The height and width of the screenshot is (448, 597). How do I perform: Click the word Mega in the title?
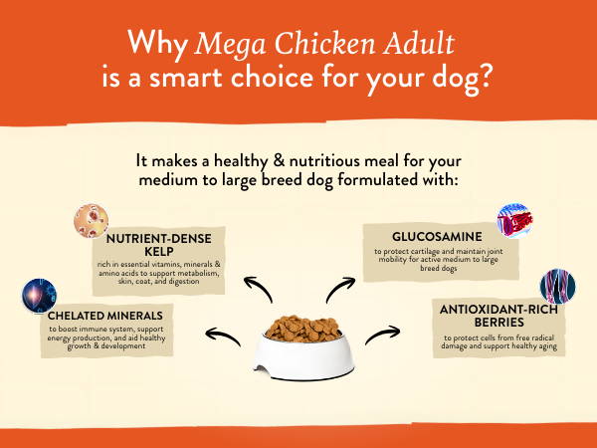[230, 45]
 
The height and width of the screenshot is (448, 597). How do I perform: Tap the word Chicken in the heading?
[324, 43]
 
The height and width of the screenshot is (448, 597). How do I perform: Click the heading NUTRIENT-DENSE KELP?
[159, 245]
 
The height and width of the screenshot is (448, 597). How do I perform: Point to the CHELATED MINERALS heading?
[105, 316]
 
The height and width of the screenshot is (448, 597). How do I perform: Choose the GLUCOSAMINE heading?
[437, 237]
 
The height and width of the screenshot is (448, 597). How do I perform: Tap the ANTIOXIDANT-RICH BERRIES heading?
[498, 316]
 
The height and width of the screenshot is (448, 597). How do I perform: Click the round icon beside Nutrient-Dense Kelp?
[91, 221]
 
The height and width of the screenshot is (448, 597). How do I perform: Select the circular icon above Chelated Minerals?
[39, 296]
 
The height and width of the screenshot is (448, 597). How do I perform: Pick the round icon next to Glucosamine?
[514, 221]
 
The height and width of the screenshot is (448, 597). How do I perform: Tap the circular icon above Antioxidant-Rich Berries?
[558, 287]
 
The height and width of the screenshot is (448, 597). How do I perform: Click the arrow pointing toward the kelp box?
[259, 287]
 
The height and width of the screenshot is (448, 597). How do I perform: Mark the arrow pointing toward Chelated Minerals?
[222, 336]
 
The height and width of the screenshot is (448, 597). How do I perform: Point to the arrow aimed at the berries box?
[382, 335]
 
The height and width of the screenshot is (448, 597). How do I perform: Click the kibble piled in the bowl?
[303, 328]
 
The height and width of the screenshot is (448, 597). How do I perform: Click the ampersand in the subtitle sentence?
[279, 161]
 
